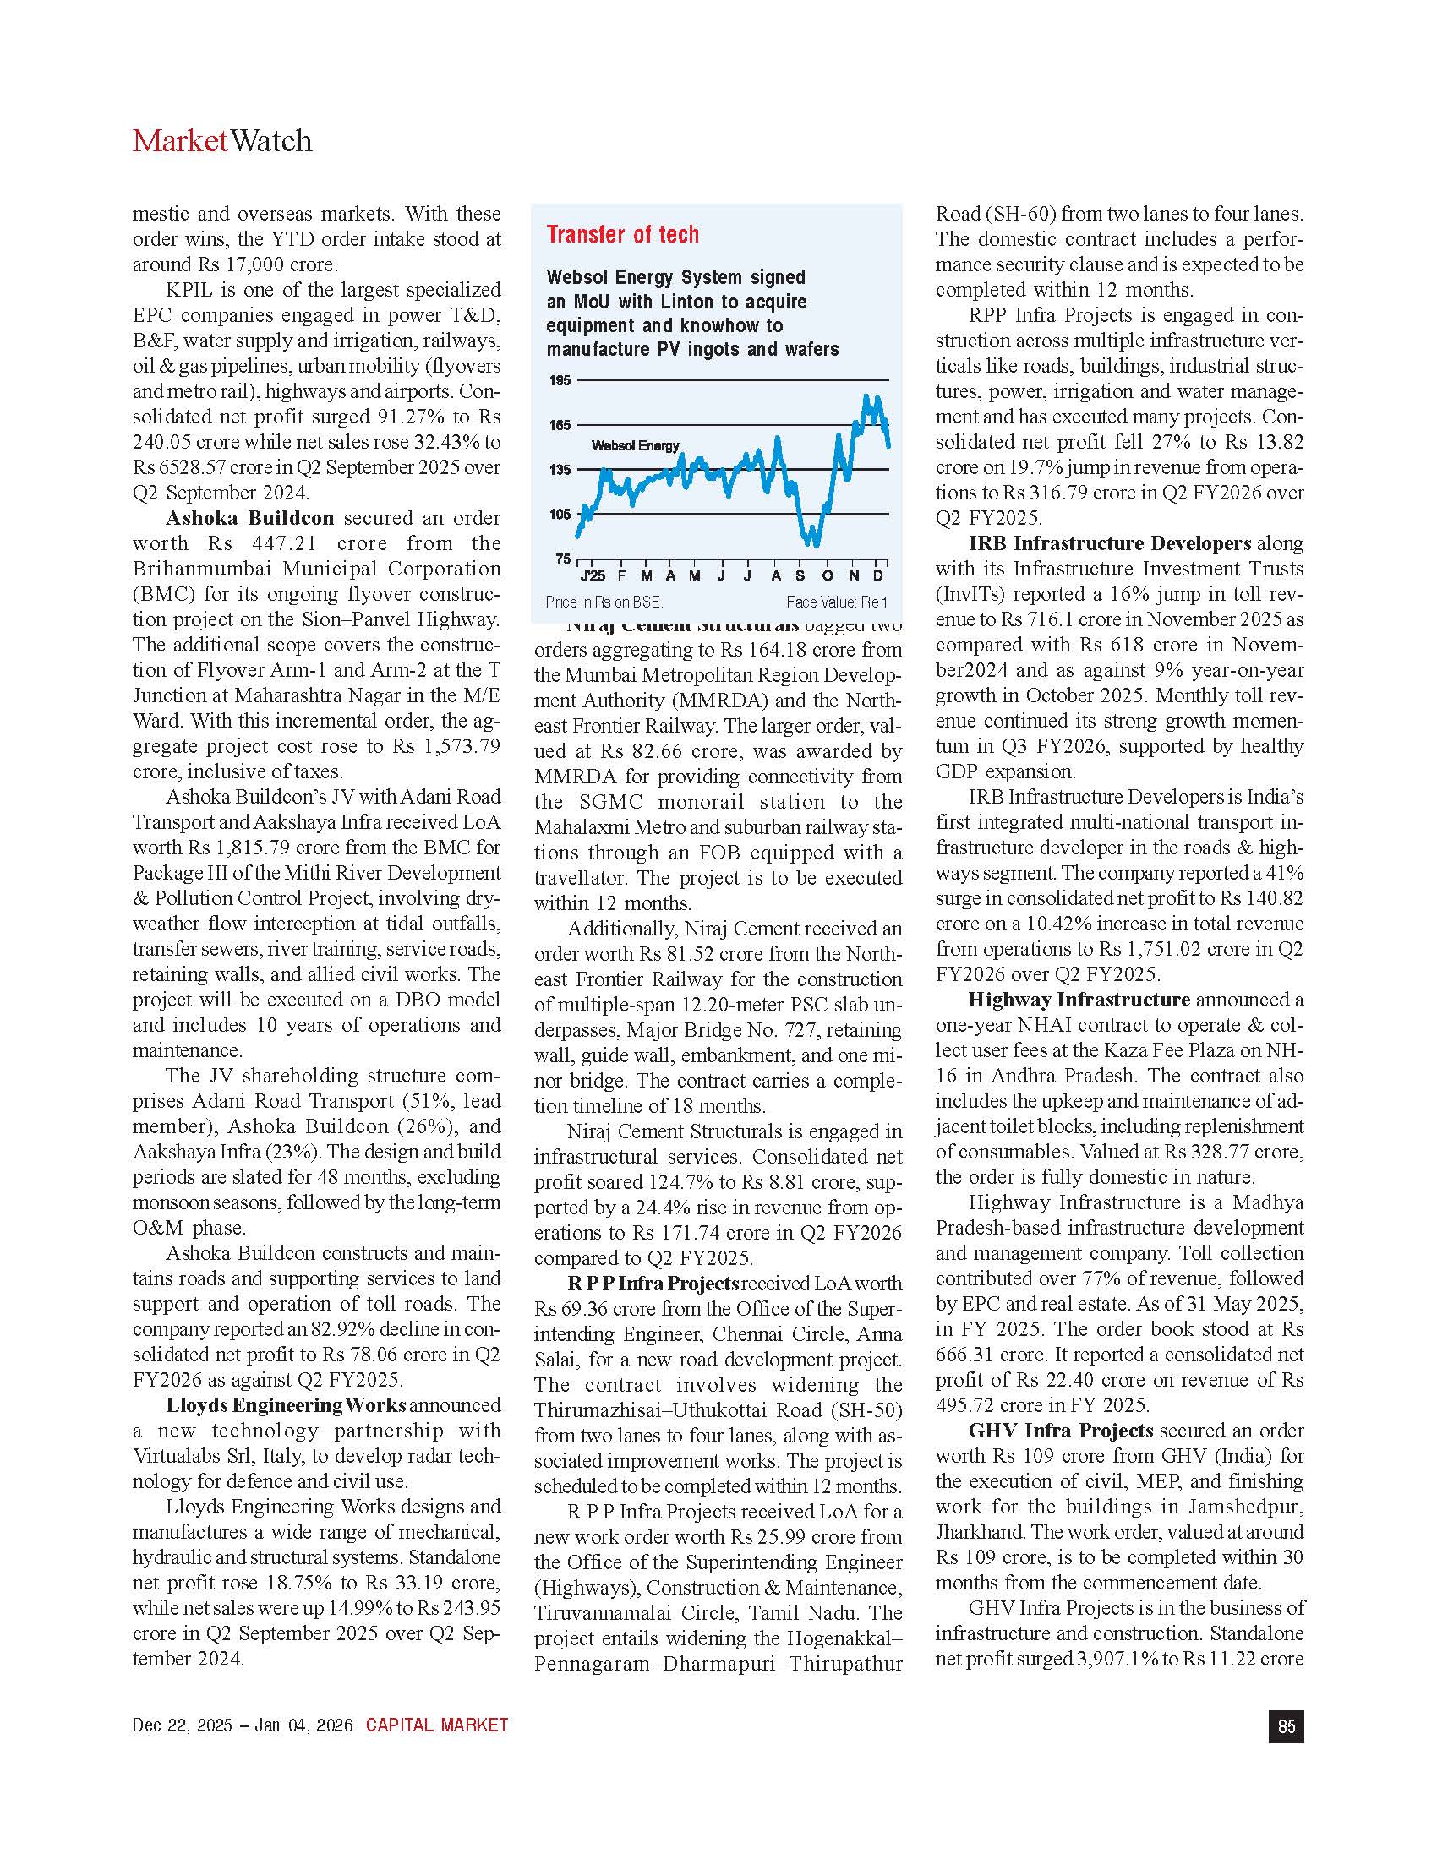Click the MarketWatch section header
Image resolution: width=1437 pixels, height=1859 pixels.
tap(222, 141)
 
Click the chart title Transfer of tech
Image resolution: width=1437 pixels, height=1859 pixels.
tap(622, 234)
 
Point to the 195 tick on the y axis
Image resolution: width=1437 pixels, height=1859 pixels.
tap(560, 380)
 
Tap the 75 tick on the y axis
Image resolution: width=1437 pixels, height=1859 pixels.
tap(563, 559)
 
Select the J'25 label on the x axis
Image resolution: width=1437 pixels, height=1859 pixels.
tap(593, 576)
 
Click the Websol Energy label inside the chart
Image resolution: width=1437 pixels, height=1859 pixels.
tap(635, 445)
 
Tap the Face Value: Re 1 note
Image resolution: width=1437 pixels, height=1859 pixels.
tap(836, 602)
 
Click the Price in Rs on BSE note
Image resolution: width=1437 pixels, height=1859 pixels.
tap(604, 602)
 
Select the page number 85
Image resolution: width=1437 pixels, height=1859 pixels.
tap(1286, 1725)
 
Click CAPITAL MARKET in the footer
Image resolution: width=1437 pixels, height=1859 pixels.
tap(437, 1725)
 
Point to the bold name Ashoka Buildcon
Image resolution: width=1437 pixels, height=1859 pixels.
tap(249, 518)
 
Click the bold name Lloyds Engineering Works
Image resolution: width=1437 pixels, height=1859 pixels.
tap(286, 1405)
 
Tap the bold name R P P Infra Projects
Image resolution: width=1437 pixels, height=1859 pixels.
tap(653, 1284)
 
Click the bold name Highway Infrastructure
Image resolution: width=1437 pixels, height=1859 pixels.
tap(1079, 1000)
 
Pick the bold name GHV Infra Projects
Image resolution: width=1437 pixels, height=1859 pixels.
tap(1061, 1431)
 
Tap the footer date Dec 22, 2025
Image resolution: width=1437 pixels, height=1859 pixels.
tap(183, 1725)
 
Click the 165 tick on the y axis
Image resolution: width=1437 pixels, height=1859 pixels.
tap(560, 425)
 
